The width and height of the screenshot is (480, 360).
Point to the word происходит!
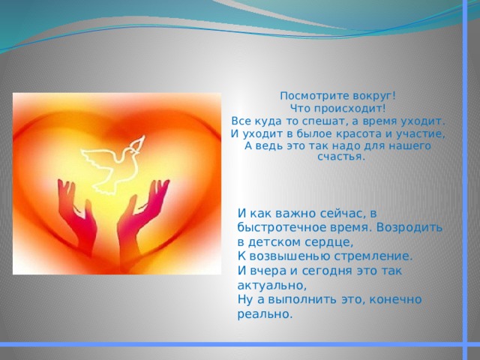click(x=352, y=109)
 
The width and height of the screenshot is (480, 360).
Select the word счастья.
click(x=341, y=157)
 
